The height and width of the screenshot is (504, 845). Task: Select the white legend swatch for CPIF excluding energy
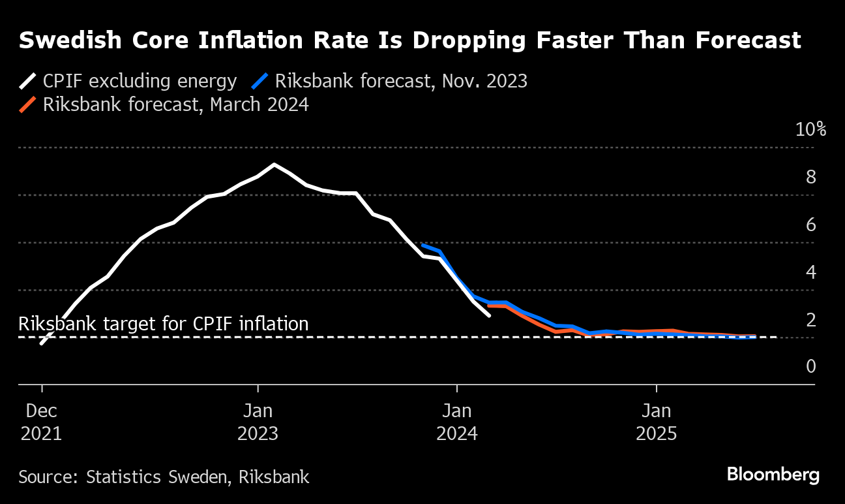[28, 82]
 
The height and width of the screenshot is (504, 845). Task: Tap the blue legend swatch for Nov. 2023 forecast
[260, 82]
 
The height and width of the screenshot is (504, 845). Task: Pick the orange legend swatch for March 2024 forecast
[28, 105]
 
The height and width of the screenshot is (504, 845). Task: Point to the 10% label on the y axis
[810, 129]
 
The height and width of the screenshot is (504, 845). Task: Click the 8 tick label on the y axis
[811, 177]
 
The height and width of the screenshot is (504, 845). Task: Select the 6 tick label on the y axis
[811, 225]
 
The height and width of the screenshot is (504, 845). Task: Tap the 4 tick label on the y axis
[811, 272]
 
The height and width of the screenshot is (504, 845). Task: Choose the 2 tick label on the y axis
[811, 320]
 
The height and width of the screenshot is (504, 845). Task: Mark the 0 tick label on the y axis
[811, 367]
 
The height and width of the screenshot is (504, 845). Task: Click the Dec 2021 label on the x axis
[42, 422]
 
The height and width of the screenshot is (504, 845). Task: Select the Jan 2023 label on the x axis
[258, 422]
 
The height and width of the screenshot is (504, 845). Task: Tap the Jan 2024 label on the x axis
[458, 422]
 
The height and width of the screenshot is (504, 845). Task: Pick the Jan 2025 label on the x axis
[657, 422]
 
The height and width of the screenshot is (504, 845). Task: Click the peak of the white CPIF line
[274, 165]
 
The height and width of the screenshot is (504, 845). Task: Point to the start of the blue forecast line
[423, 245]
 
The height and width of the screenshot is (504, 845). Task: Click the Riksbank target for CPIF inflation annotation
[164, 324]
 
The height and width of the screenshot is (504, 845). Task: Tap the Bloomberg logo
[773, 475]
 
